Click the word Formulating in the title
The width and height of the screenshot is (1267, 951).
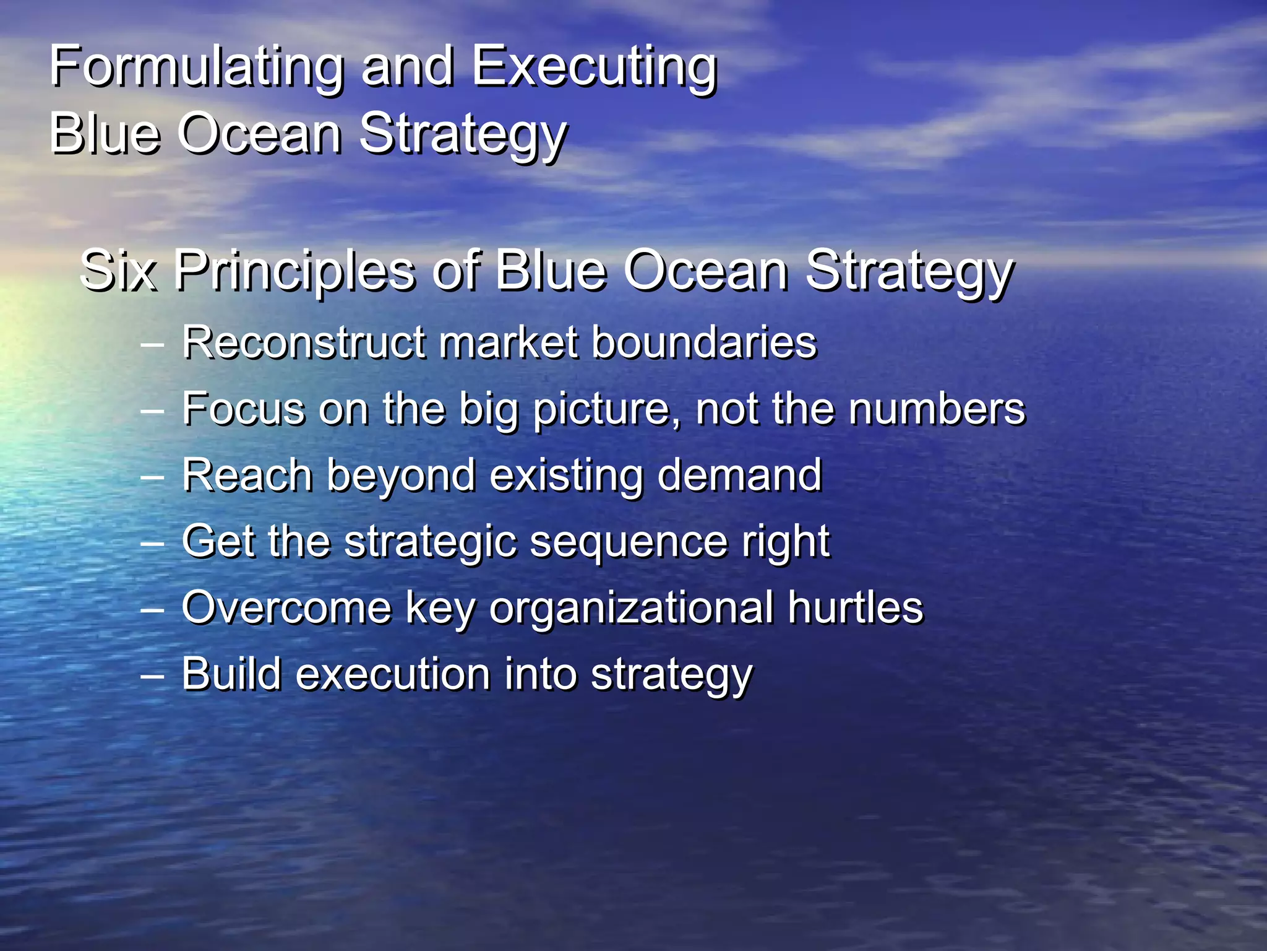[x=195, y=67]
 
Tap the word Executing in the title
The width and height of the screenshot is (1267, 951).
[x=594, y=67]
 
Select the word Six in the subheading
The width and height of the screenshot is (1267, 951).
[x=118, y=271]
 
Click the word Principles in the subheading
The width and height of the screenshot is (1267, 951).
[x=294, y=271]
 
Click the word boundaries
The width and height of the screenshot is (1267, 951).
[x=704, y=342]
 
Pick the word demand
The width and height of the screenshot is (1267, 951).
[x=739, y=475]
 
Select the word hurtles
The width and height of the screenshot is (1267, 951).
[x=855, y=608]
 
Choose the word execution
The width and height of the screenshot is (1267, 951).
[x=393, y=674]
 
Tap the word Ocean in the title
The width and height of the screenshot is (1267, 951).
[x=260, y=133]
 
